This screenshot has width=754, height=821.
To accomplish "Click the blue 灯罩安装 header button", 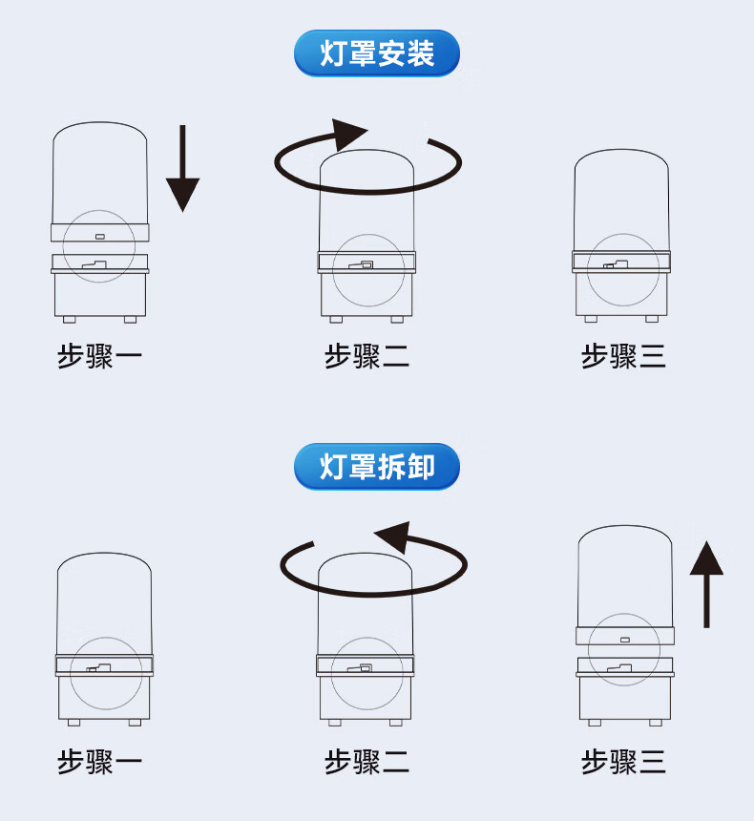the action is click(377, 53).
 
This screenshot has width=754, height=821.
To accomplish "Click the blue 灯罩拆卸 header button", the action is click(377, 467).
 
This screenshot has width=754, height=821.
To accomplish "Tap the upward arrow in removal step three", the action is click(706, 583).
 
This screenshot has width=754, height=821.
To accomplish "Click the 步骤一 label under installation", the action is click(100, 357).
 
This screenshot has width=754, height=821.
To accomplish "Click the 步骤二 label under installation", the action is click(367, 357).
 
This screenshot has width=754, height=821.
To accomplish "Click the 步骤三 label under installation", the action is click(623, 357).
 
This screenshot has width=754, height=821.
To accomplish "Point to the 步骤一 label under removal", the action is click(100, 762).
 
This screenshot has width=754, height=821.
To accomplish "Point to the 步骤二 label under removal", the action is click(367, 762).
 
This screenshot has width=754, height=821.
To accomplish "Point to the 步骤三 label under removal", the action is click(623, 762).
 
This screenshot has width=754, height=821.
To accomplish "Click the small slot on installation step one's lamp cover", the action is click(100, 235).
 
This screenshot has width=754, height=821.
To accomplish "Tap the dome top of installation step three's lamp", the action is click(621, 156).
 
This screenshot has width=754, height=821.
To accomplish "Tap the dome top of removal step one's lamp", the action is click(104, 557).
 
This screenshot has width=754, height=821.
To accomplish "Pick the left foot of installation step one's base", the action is click(69, 318).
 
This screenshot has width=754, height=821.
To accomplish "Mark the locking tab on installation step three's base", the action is click(616, 263).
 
